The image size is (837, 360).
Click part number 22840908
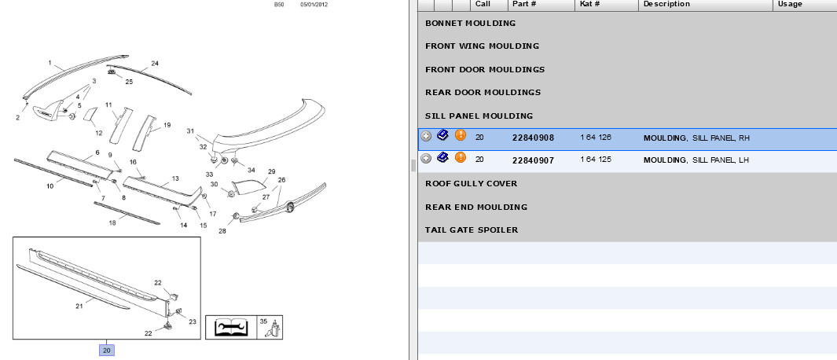533,138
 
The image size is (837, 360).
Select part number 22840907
533,160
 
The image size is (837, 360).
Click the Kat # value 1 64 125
596,160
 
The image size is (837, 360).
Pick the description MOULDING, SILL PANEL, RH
696,138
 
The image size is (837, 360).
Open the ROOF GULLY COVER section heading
472,184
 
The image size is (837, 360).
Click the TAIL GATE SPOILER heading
472,230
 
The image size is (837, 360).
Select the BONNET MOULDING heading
470,24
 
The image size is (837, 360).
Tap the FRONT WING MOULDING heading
482,46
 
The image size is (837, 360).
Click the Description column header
666,4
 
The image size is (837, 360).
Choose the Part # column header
524,4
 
